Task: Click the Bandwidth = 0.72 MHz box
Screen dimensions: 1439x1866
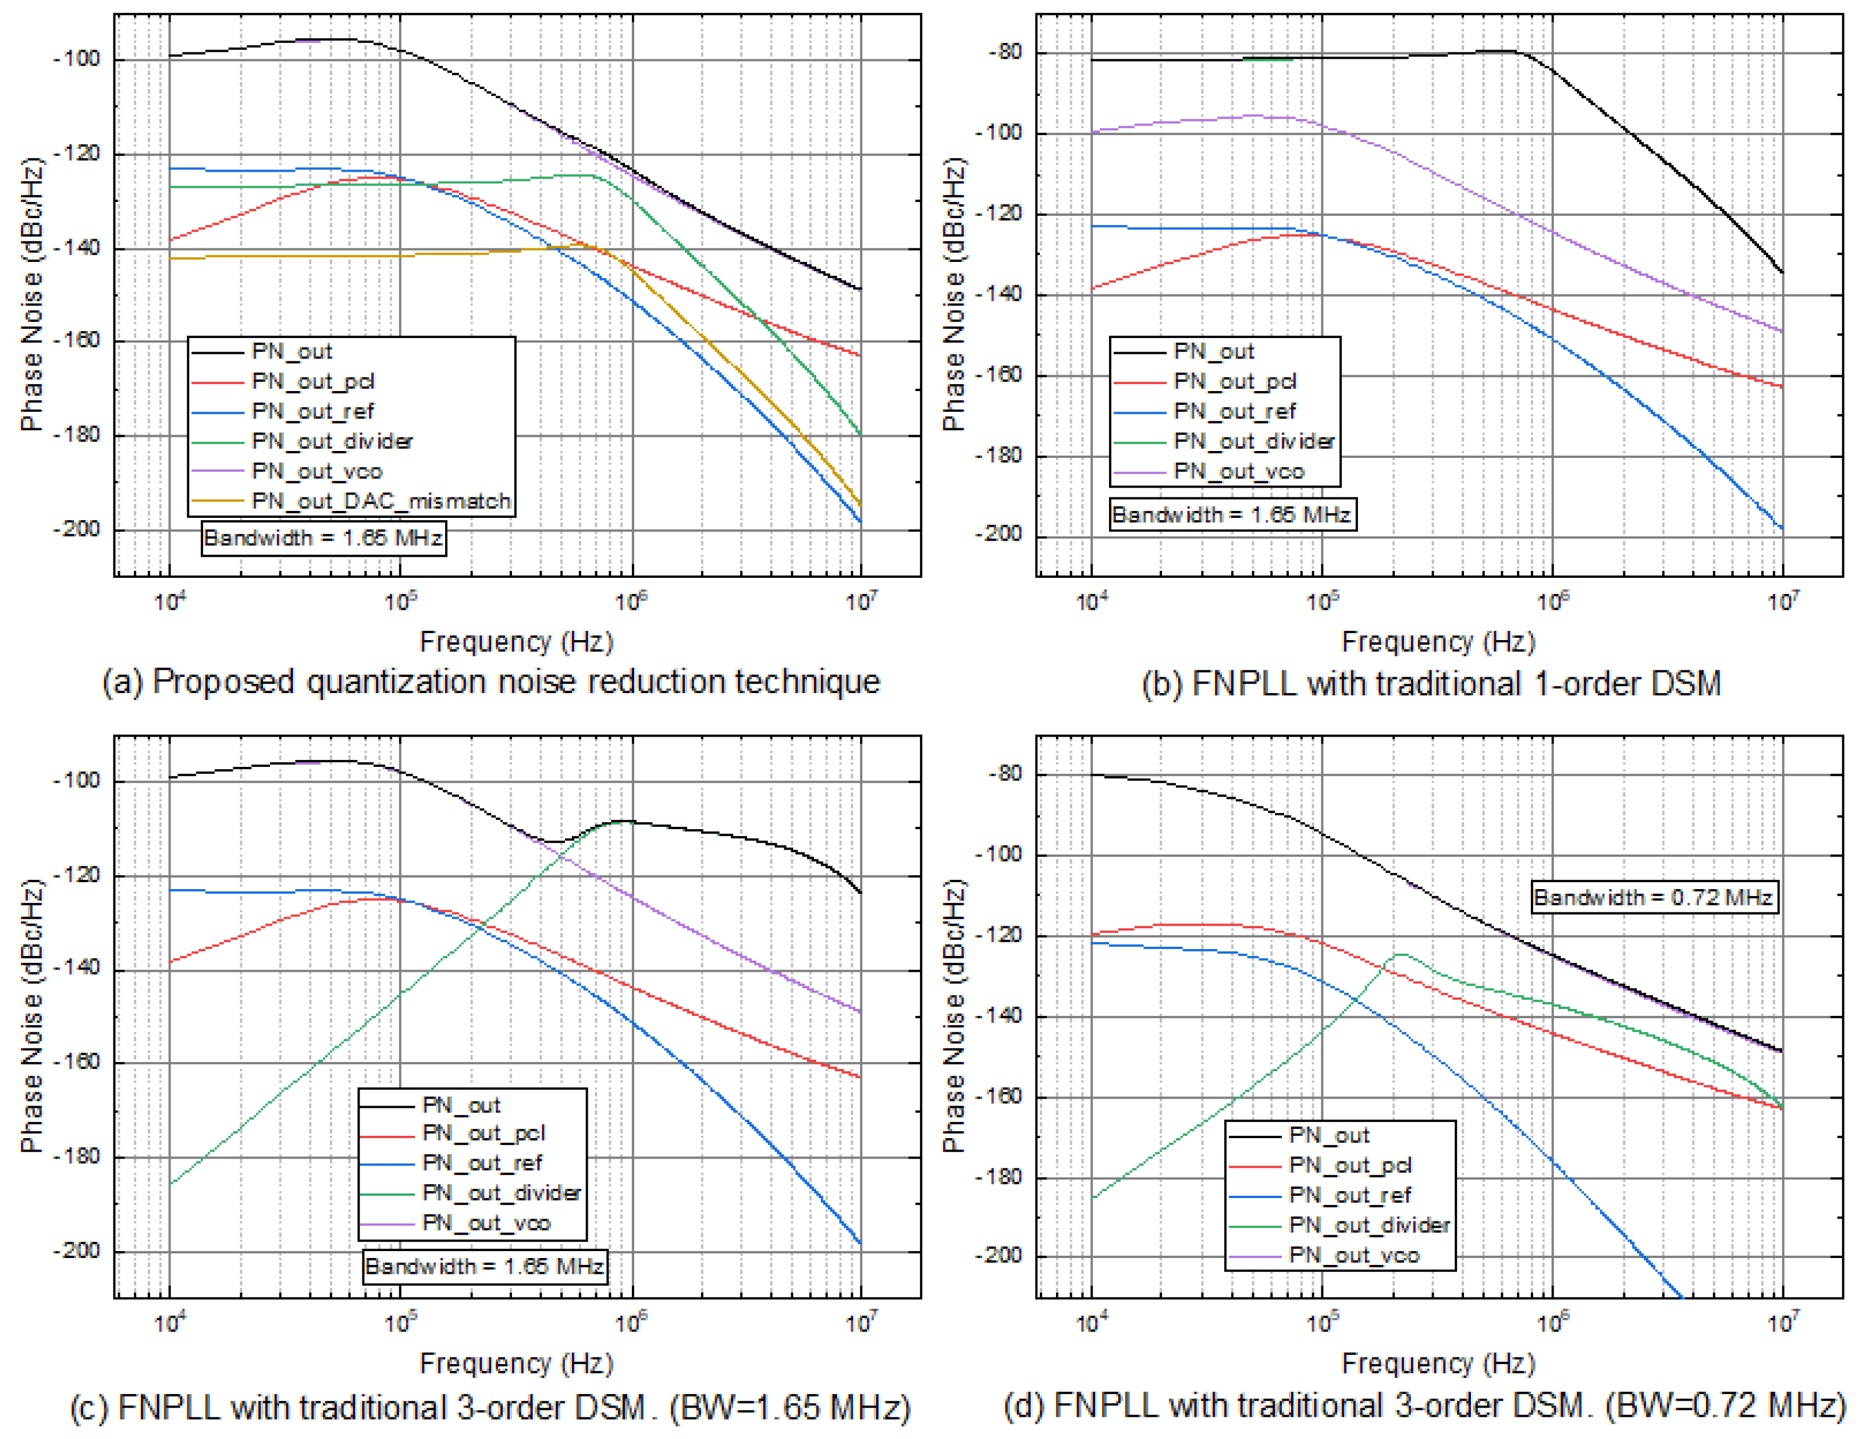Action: pyautogui.click(x=1653, y=897)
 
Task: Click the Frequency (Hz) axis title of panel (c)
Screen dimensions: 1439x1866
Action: pyautogui.click(x=516, y=1363)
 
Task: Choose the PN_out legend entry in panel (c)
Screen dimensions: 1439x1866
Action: pyautogui.click(x=461, y=1106)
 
